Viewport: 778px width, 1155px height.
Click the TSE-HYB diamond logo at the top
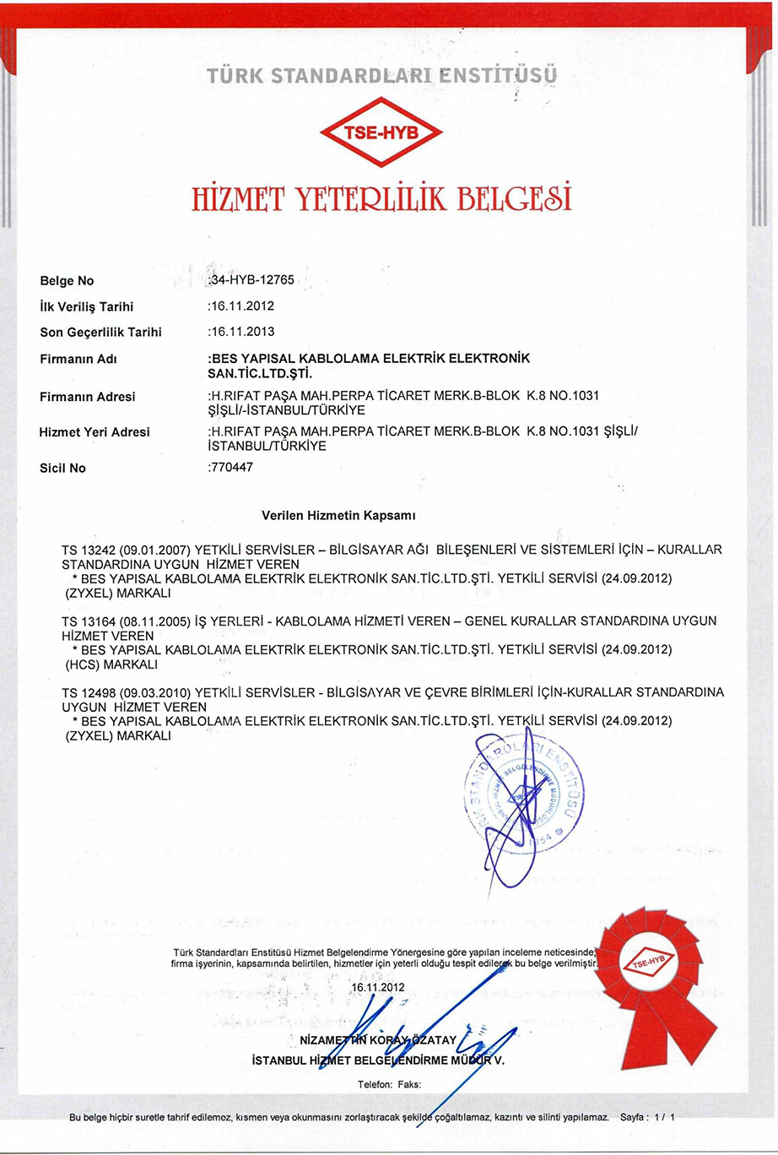tap(381, 133)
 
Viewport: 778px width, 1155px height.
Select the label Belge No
tap(68, 281)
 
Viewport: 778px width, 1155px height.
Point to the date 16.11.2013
tap(242, 332)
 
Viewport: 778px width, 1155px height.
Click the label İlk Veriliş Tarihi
tap(87, 306)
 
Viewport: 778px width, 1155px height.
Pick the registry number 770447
tap(231, 467)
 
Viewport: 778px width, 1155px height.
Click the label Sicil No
tap(63, 468)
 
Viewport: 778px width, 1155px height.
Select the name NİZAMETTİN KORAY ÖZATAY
tap(378, 1039)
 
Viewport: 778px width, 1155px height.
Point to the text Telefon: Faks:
tap(389, 1085)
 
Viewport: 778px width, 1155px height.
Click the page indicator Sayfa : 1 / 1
tap(647, 1117)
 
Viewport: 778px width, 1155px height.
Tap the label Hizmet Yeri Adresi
tap(95, 432)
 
